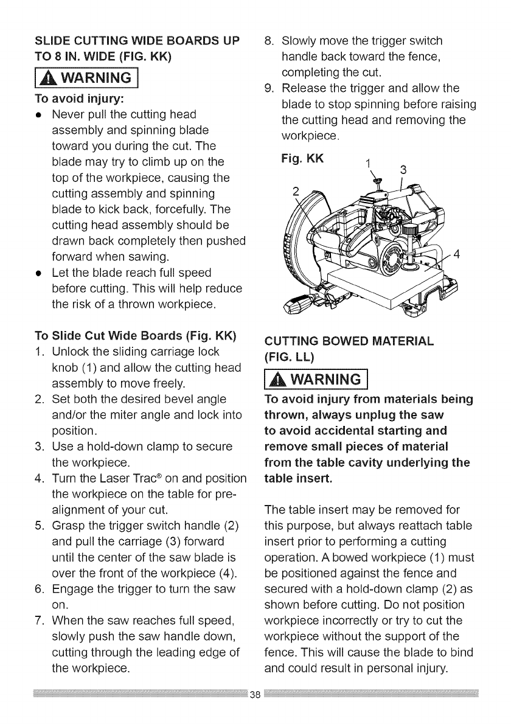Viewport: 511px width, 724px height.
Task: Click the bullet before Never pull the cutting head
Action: coord(39,115)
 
